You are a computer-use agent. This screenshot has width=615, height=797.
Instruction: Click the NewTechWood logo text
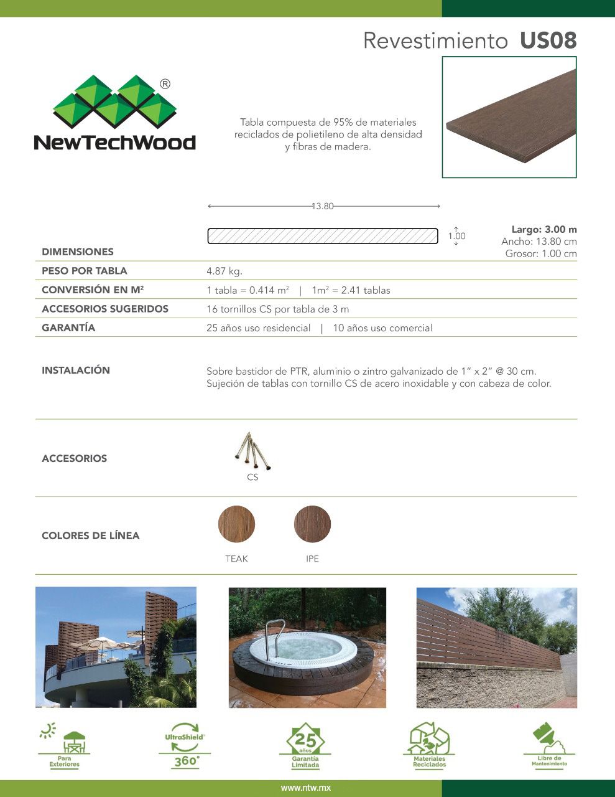tap(115, 143)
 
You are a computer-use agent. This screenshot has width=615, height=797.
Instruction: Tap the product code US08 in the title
tap(548, 41)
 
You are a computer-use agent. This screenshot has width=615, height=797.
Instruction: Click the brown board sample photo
tap(509, 117)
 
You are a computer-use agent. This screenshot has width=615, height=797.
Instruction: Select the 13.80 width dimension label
tap(323, 206)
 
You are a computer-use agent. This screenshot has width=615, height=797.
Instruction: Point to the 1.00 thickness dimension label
tap(456, 236)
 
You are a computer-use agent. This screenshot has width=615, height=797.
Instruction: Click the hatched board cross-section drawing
tap(322, 236)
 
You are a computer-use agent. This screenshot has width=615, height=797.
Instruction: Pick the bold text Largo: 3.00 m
tap(543, 229)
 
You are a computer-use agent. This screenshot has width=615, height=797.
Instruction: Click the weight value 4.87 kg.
tap(224, 271)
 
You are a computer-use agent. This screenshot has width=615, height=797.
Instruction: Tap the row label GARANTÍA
tap(68, 328)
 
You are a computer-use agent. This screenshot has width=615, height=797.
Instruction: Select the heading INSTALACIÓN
tap(76, 370)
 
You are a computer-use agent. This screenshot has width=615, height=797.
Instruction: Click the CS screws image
tap(252, 451)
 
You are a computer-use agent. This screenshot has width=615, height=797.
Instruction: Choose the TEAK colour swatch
tap(236, 524)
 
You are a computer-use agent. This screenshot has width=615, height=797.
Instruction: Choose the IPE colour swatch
tap(312, 524)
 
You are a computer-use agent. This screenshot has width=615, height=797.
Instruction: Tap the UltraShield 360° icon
tap(185, 745)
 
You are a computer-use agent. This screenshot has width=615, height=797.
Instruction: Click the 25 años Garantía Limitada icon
tap(305, 745)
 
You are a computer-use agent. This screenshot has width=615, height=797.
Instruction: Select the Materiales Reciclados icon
tap(429, 745)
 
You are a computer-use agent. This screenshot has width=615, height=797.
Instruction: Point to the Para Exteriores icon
tap(65, 745)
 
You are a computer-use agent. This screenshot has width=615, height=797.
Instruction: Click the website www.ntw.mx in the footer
tap(306, 788)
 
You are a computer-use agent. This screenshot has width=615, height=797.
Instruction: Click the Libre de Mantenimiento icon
tap(549, 745)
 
